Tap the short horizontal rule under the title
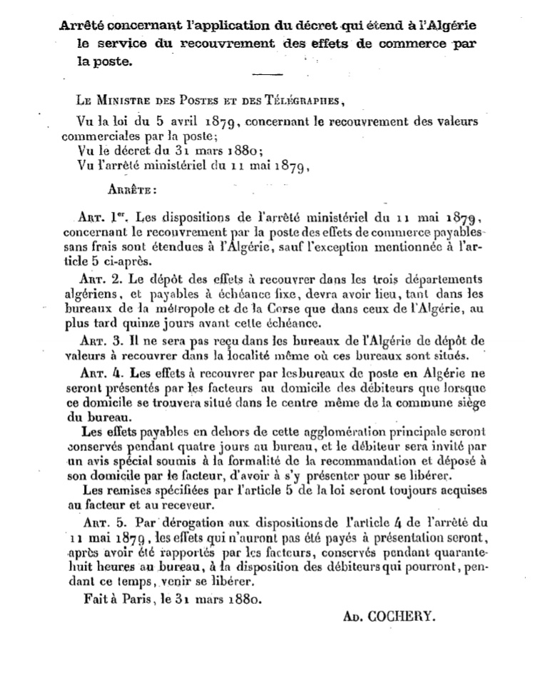point(267,74)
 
